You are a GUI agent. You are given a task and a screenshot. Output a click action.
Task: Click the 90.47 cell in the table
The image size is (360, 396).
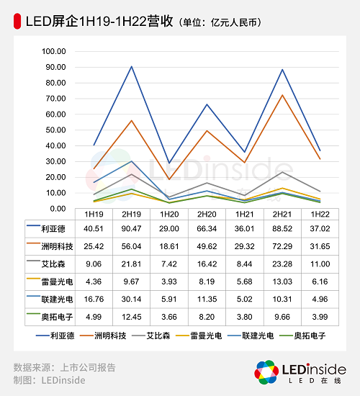(x=131, y=230)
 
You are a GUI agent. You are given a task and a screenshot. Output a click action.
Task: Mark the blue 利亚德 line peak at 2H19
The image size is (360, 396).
(x=131, y=66)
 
